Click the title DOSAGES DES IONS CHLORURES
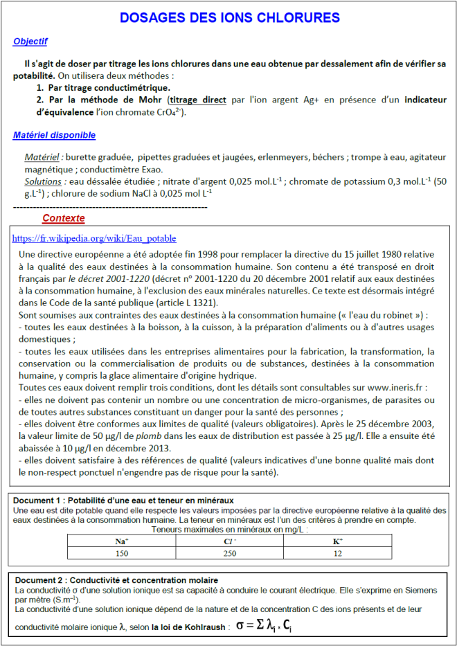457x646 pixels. (x=229, y=17)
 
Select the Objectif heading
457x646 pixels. (x=30, y=42)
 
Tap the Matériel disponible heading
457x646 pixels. (x=54, y=135)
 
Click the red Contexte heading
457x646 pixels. (x=64, y=218)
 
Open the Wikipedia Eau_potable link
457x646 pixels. (x=94, y=238)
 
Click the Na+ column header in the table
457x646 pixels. (x=122, y=541)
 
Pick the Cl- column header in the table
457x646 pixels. (x=230, y=541)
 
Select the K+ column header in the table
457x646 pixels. (x=338, y=541)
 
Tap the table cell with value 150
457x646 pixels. (x=122, y=553)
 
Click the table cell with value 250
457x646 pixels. (x=230, y=553)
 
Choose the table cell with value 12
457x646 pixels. (x=338, y=553)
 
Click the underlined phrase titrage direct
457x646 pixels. (x=198, y=100)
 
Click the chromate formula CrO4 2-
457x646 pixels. (x=170, y=111)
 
